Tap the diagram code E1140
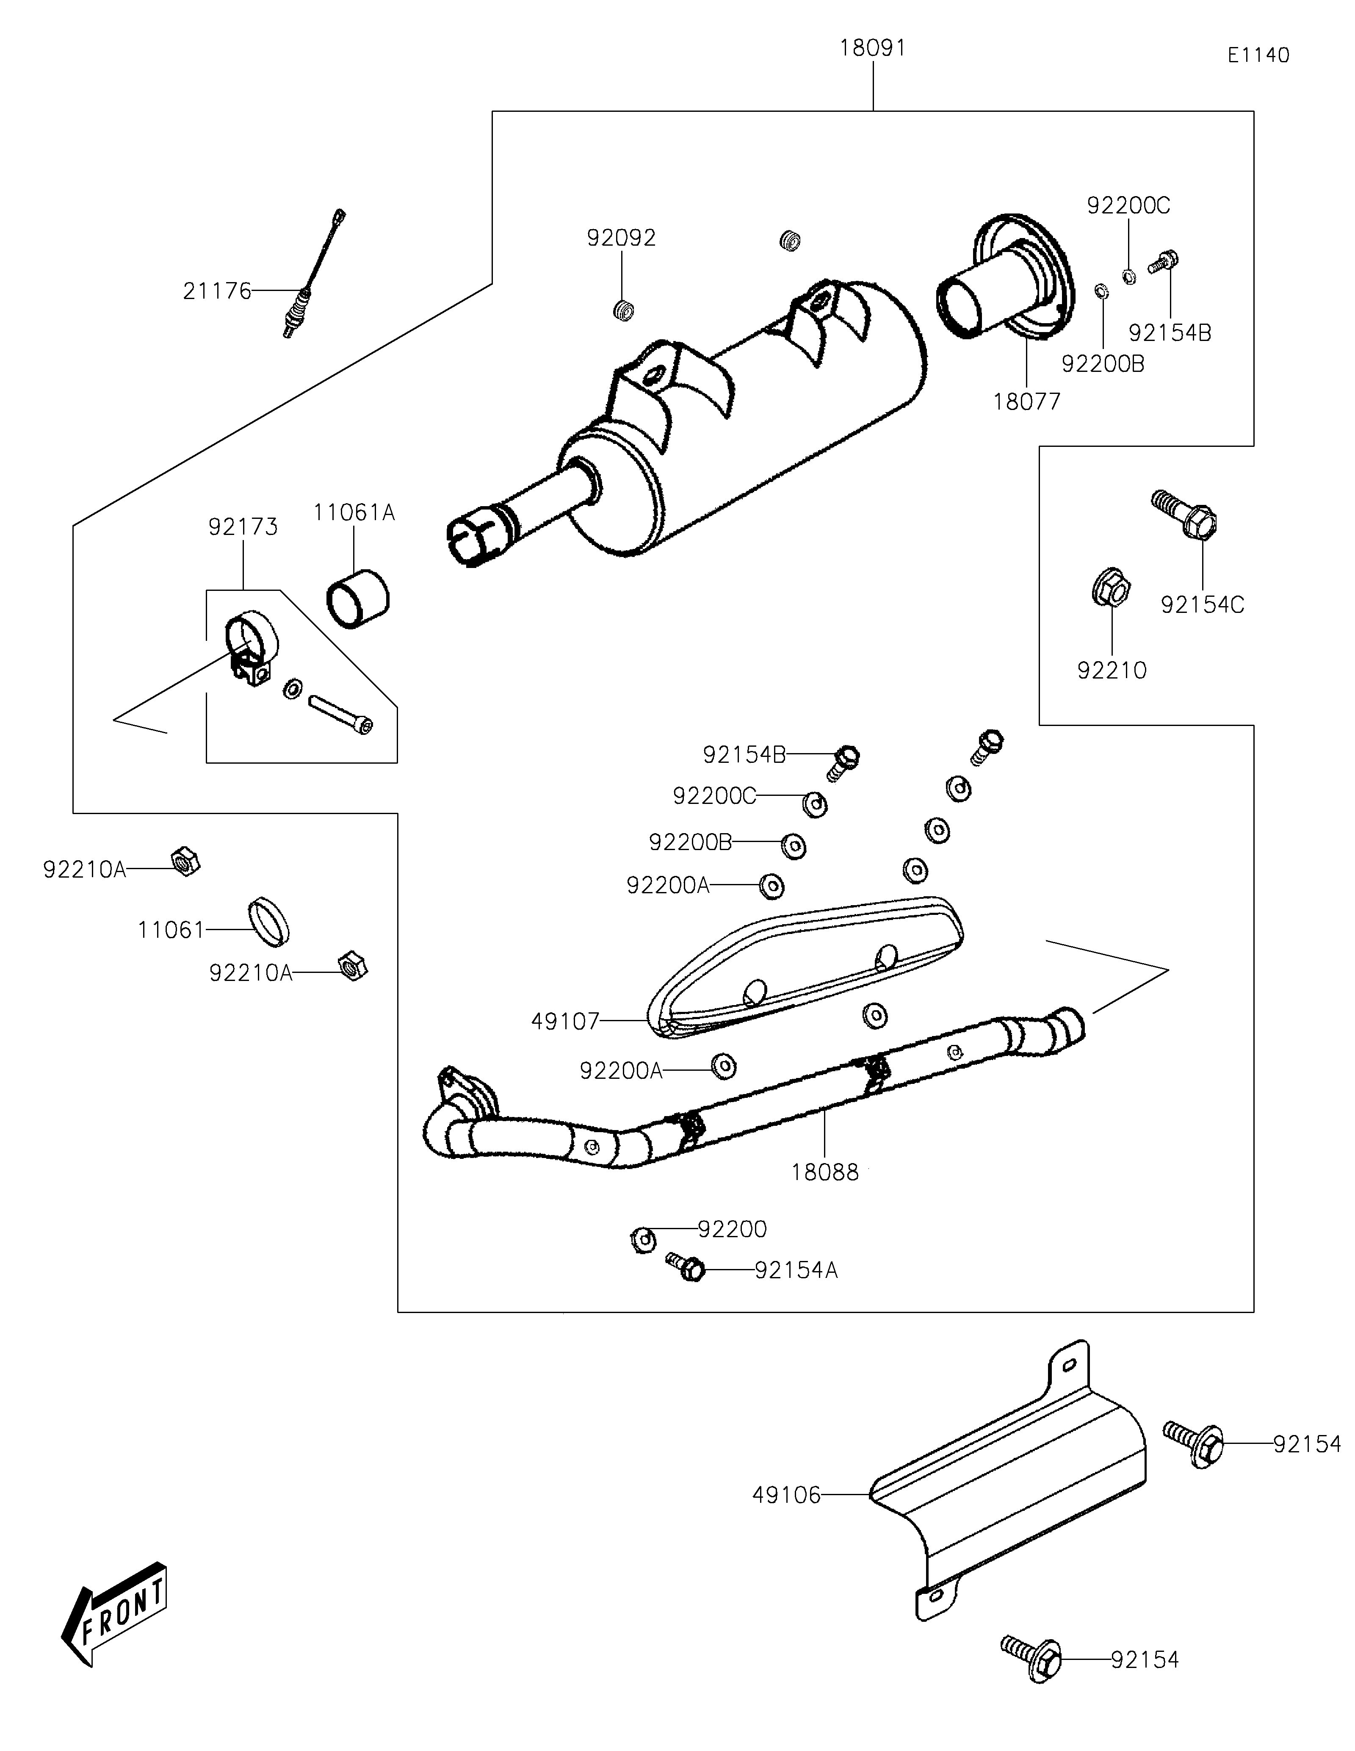tap(1258, 55)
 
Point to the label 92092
tap(621, 238)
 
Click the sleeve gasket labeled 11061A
tap(357, 598)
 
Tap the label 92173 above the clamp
tap(243, 527)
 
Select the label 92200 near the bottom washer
tap(732, 1229)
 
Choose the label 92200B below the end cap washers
tap(1103, 364)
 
